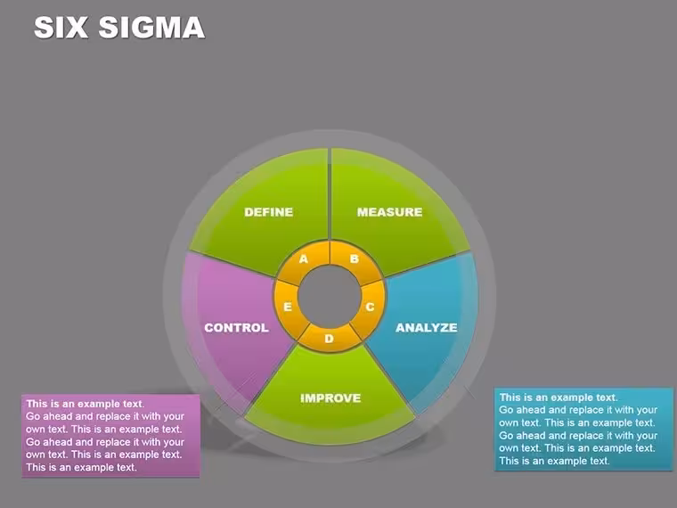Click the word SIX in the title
pos(61,28)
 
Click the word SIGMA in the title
pos(151,28)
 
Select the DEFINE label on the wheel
pos(268,212)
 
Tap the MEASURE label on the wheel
pos(389,212)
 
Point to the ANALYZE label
pos(426,327)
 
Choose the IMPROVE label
pos(330,397)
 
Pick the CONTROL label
pos(236,327)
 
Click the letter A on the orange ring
pos(304,258)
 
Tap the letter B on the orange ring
pos(354,258)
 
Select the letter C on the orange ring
pos(370,307)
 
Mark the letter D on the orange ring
pos(329,339)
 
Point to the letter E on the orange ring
pos(288,307)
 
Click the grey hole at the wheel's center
pos(330,296)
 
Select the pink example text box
pos(110,436)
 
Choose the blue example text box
pos(583,429)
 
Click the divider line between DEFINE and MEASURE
pos(330,194)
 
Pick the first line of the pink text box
pos(85,404)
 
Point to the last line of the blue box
pos(554,461)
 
